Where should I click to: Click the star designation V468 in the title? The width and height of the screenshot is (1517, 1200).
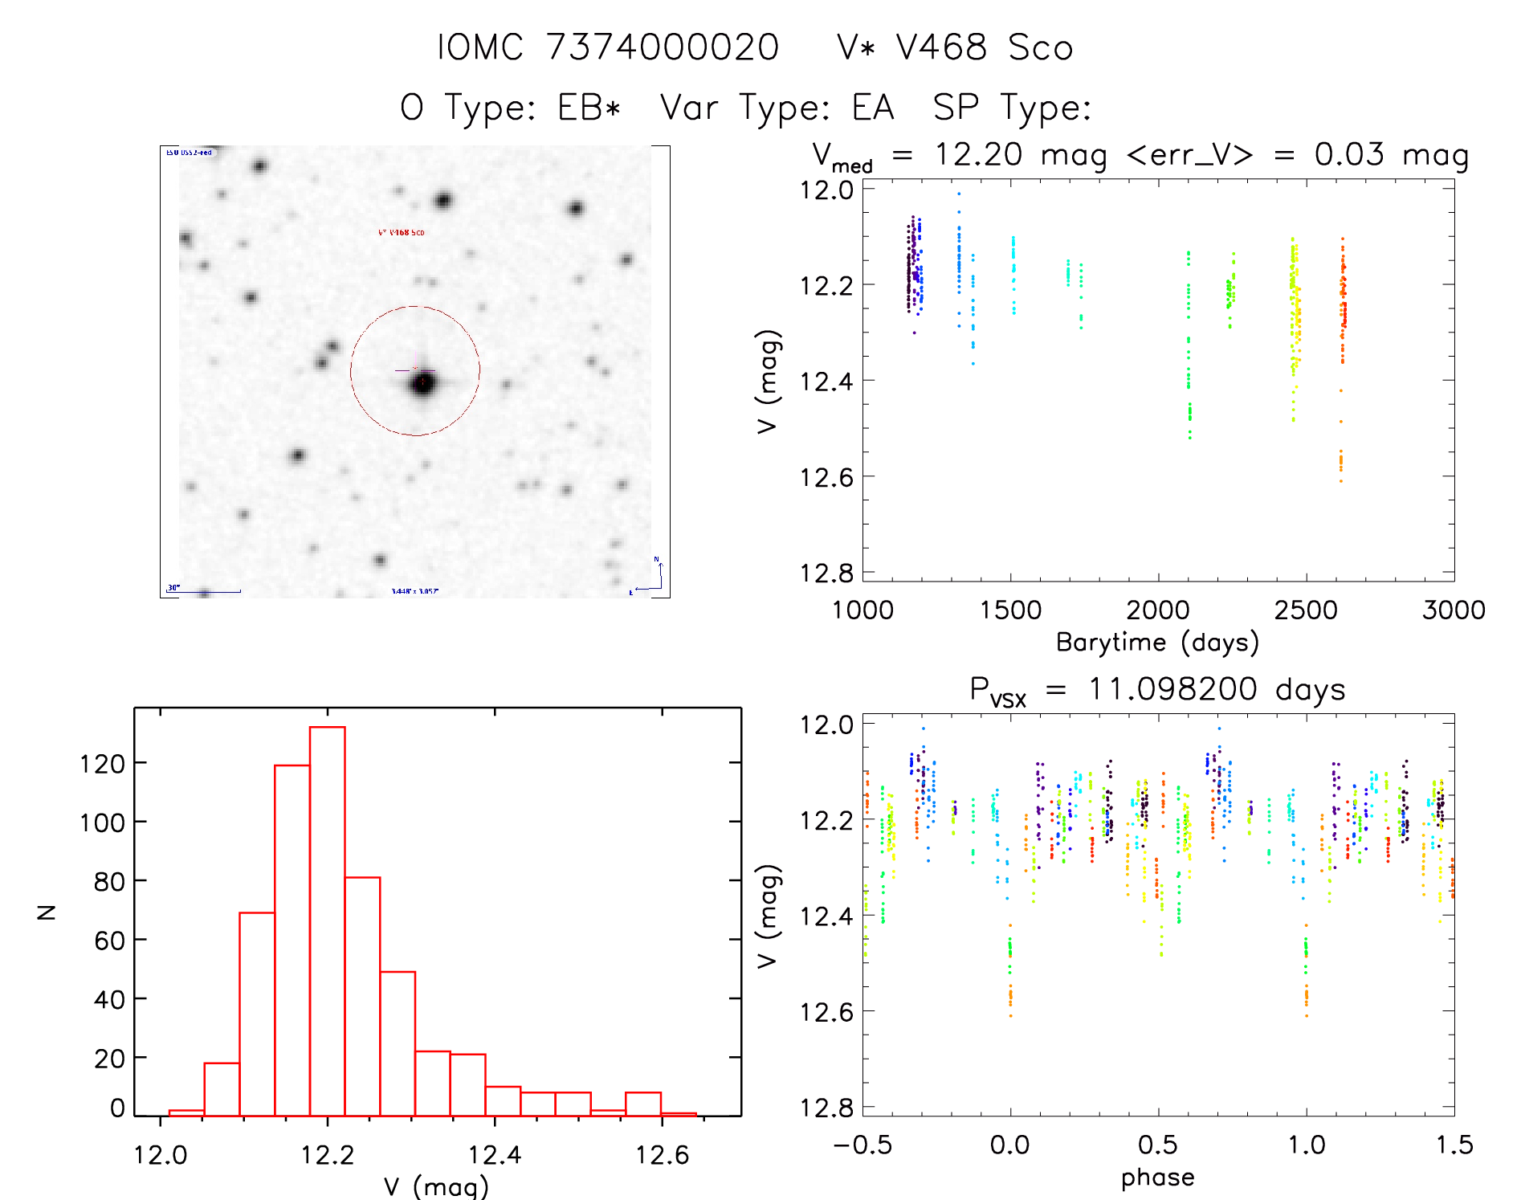tap(941, 47)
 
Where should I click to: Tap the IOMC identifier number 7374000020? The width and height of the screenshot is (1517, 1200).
tap(663, 47)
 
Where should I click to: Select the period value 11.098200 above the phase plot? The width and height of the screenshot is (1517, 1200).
tap(1172, 689)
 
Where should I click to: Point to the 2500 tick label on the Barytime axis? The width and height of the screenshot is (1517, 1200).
tap(1306, 610)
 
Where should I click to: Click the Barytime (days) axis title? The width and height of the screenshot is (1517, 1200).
tap(1157, 643)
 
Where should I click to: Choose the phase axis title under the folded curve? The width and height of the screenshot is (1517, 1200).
tap(1157, 1178)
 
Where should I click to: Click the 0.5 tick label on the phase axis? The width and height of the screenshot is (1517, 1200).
tap(1158, 1145)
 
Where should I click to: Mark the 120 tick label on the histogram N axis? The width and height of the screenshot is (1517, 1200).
tap(102, 764)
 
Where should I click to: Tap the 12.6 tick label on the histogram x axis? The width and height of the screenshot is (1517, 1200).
tap(662, 1155)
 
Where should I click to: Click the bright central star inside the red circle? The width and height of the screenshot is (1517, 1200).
tap(423, 384)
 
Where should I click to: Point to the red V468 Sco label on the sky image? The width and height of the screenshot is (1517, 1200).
tap(402, 233)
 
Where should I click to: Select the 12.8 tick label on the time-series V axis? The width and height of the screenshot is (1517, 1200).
tap(826, 573)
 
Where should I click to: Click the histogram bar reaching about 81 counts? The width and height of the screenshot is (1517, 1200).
tap(362, 996)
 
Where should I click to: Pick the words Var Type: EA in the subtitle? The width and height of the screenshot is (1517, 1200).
tap(777, 108)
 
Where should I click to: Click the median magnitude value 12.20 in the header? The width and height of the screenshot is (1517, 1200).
tap(978, 154)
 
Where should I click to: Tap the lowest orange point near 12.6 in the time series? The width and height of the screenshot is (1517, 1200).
tap(1340, 481)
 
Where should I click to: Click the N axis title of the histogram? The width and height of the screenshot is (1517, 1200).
tap(47, 912)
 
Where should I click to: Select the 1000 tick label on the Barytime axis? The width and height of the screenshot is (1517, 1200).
tap(862, 610)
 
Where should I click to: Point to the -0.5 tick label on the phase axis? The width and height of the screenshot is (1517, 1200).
tap(862, 1145)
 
